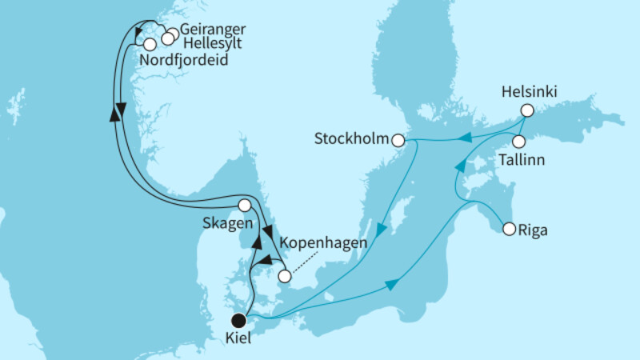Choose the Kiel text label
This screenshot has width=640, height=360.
click(x=238, y=339)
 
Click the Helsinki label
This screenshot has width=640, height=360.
click(x=525, y=91)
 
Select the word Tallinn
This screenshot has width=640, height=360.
click(x=520, y=160)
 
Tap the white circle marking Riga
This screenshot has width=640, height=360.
click(x=509, y=229)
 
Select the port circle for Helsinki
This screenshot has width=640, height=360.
click(x=526, y=110)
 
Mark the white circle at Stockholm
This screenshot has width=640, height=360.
click(x=398, y=140)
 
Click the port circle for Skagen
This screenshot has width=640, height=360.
click(x=245, y=205)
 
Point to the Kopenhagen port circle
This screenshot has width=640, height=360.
click(x=283, y=277)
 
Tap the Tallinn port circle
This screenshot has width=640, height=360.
click(x=518, y=142)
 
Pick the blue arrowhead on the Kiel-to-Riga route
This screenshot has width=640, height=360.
click(x=393, y=286)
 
